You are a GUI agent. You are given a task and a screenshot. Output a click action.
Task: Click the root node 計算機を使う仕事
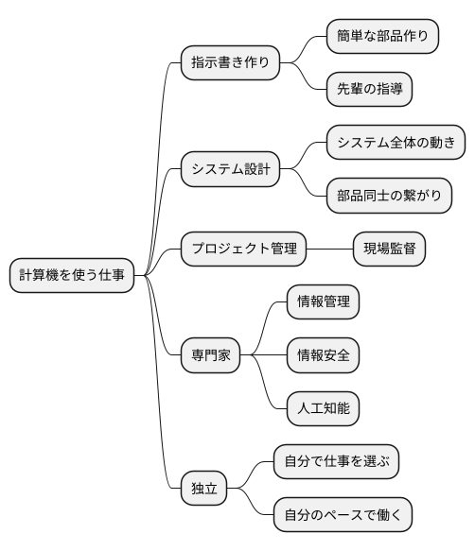tap(71, 275)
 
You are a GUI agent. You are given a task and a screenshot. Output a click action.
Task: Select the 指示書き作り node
tap(230, 63)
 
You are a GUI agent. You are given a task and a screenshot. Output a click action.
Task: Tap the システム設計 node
tap(230, 170)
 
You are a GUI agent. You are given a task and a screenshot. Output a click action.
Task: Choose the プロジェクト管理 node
tap(243, 249)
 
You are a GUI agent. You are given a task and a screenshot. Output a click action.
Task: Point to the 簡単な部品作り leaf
tap(382, 37)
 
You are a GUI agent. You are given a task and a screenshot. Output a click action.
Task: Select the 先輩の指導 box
tap(369, 90)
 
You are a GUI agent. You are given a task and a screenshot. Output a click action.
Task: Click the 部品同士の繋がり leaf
tap(389, 197)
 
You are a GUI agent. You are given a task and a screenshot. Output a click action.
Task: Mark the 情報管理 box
tap(323, 302)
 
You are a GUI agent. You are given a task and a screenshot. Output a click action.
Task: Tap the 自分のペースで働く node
tap(343, 516)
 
